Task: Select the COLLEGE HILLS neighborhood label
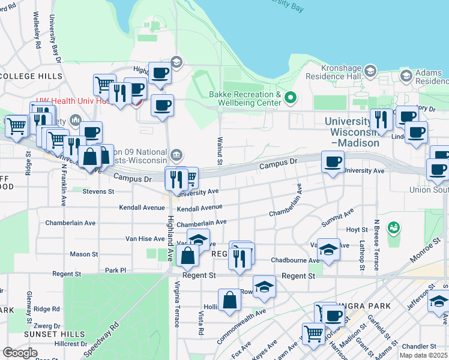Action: coord(31,76)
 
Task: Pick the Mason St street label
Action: coord(79,254)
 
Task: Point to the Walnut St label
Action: coord(219,151)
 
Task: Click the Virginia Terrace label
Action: coord(176,304)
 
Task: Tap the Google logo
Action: coord(20,353)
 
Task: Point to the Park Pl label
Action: coord(116,271)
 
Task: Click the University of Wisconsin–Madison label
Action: coord(353,132)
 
